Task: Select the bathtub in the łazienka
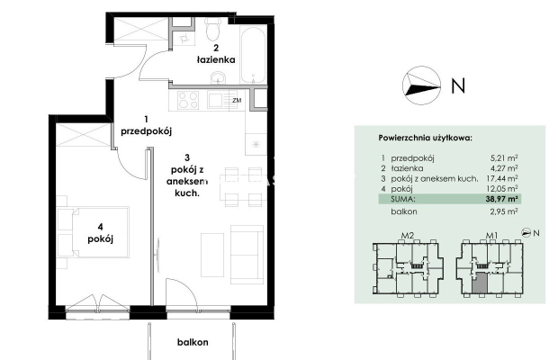click(253, 55)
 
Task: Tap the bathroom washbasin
click(218, 78)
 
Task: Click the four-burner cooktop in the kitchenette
click(188, 100)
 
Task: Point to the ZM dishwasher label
click(237, 100)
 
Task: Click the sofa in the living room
click(247, 255)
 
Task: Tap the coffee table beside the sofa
click(212, 255)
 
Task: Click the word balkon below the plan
click(193, 342)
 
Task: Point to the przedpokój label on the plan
click(147, 131)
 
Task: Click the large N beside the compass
click(458, 85)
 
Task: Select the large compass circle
click(422, 85)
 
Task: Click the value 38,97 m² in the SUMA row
click(501, 199)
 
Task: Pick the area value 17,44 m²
click(502, 178)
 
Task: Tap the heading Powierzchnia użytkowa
click(426, 138)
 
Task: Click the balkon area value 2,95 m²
click(504, 211)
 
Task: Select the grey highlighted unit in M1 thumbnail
click(481, 283)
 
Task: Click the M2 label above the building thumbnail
click(408, 236)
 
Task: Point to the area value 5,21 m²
click(504, 157)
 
